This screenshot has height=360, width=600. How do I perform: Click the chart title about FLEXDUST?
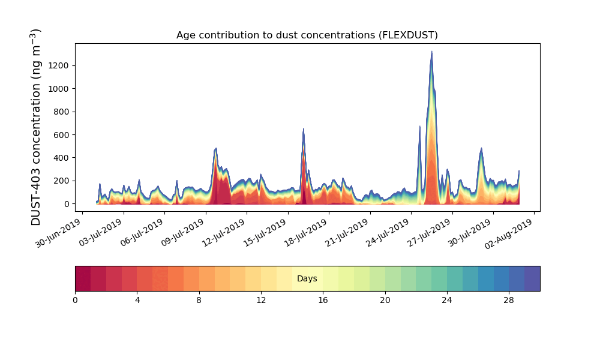(x=307, y=35)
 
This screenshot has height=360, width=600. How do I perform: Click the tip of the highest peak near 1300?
(x=431, y=52)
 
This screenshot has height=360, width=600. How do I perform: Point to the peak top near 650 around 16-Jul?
(x=304, y=129)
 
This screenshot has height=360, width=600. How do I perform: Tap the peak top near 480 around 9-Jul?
(x=215, y=149)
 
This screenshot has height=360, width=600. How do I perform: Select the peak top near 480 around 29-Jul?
(x=481, y=149)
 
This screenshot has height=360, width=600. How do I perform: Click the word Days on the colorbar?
(x=307, y=279)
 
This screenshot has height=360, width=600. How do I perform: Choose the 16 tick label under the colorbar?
(x=323, y=300)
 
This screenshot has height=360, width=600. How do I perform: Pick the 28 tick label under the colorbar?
(x=509, y=300)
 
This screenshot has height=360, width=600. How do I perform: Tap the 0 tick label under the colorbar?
(x=75, y=300)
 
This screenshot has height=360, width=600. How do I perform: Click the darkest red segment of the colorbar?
(x=83, y=279)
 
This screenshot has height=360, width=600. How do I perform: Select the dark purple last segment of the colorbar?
(x=532, y=279)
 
